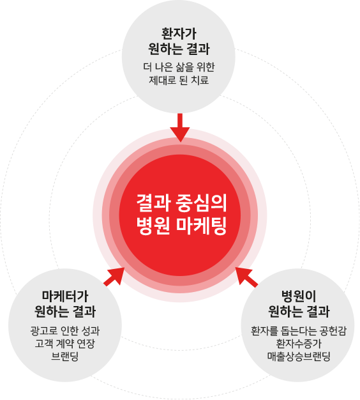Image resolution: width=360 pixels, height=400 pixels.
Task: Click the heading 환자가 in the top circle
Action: coord(179,34)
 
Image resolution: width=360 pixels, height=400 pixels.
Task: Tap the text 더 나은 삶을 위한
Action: coord(179,67)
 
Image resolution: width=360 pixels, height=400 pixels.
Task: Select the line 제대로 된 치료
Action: coord(179,80)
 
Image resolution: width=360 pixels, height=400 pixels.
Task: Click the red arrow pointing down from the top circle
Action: coord(180,128)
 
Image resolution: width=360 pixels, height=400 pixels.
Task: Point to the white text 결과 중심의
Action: coord(181,203)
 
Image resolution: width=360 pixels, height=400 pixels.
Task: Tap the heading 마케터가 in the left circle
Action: coord(65,296)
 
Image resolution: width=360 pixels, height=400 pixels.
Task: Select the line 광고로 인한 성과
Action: coord(65,331)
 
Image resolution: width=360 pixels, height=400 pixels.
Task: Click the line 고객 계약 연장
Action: coord(65,343)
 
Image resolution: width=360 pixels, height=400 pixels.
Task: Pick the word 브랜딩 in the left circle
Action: coord(65,356)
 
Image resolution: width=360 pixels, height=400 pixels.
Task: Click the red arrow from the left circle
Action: coord(114,276)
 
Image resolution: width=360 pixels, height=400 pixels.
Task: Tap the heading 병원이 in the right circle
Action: coord(299,296)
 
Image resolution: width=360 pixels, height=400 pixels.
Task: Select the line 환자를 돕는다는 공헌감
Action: coord(299,331)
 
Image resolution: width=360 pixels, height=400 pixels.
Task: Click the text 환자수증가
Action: coord(299,343)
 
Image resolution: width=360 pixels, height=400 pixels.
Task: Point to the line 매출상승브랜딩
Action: coord(299,356)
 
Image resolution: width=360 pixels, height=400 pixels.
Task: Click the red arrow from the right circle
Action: coord(246,277)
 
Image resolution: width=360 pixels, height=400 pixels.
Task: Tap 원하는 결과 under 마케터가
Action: coord(65,311)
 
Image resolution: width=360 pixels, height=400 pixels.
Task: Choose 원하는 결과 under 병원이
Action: coord(299,311)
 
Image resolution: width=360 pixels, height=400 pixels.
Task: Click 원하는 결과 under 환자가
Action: coord(179,49)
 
